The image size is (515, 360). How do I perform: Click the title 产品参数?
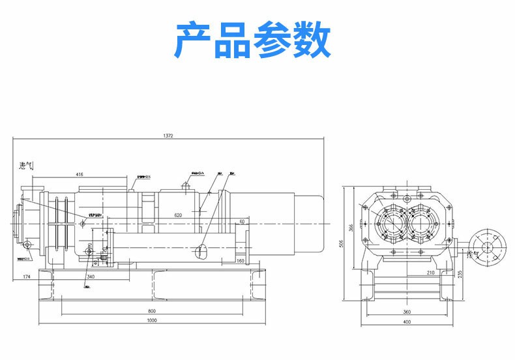[254, 40]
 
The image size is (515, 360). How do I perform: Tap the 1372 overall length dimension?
[168, 136]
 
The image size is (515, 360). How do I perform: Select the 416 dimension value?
[79, 175]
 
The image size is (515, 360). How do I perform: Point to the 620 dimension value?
[178, 215]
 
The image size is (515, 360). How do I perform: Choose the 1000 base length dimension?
[151, 321]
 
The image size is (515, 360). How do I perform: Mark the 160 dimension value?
[241, 261]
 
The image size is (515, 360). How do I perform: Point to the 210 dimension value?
[431, 272]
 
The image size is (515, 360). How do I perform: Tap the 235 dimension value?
[461, 274]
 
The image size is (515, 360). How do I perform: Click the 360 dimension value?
[407, 311]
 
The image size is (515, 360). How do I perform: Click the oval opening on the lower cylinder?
[202, 252]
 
